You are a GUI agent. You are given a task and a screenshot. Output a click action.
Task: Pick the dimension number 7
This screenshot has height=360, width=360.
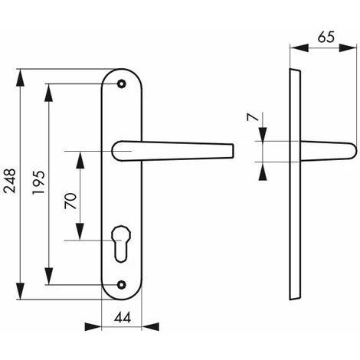(x=250, y=119)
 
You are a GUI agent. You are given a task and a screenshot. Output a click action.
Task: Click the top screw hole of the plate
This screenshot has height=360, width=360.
(x=120, y=83)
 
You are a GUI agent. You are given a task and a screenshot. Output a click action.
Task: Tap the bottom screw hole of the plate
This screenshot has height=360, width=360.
(x=120, y=286)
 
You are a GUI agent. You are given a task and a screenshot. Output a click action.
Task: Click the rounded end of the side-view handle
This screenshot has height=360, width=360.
(x=352, y=152)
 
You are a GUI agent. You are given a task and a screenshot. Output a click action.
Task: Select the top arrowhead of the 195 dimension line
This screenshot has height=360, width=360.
(x=51, y=87)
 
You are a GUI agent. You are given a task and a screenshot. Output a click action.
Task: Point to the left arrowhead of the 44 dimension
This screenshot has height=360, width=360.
(x=105, y=326)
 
